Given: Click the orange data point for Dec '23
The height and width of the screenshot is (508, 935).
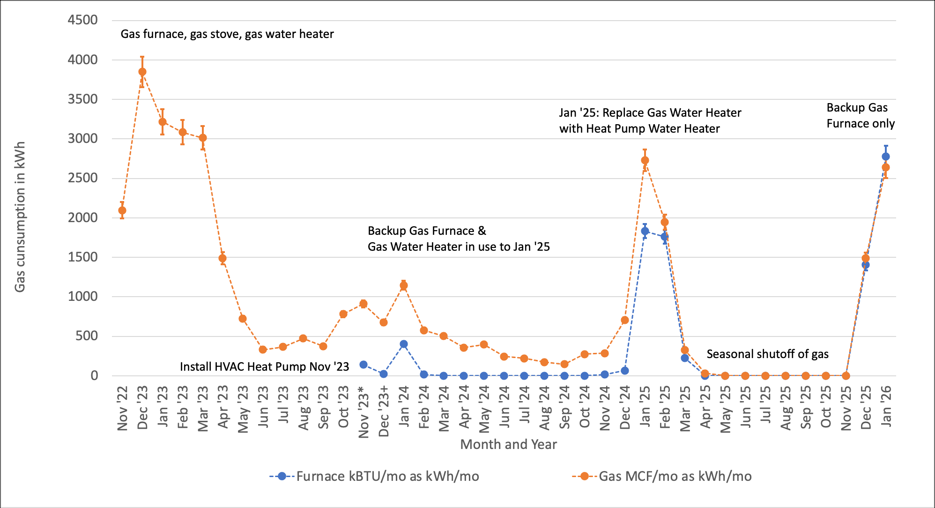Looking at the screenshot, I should (142, 72).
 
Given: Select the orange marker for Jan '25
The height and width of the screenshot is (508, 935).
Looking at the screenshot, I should (645, 160).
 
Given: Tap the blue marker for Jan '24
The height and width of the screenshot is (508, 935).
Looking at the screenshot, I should (403, 344).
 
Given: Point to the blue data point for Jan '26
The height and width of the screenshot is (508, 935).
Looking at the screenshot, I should (885, 157).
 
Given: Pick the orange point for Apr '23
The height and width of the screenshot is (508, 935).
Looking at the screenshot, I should (223, 258).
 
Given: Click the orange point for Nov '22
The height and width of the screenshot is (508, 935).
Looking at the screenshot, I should (122, 210).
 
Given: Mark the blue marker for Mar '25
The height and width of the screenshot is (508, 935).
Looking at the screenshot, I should (685, 358).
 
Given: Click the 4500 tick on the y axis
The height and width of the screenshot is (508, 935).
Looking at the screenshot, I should (83, 20).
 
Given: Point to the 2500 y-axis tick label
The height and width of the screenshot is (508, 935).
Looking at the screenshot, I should (83, 178).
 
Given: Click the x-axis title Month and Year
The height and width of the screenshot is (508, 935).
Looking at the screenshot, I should (508, 444).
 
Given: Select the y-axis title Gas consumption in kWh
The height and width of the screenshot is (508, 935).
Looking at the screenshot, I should (20, 217).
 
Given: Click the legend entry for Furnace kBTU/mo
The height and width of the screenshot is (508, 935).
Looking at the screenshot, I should (375, 476).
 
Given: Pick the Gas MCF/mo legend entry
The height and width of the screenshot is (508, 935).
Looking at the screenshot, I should (662, 476).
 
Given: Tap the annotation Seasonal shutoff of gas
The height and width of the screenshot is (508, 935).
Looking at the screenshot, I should (767, 354).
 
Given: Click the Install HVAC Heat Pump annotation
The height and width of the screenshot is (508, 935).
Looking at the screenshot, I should (264, 366).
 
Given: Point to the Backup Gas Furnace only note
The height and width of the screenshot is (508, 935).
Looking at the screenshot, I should (860, 115).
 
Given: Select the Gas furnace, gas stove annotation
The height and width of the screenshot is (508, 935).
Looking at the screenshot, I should (227, 34).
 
